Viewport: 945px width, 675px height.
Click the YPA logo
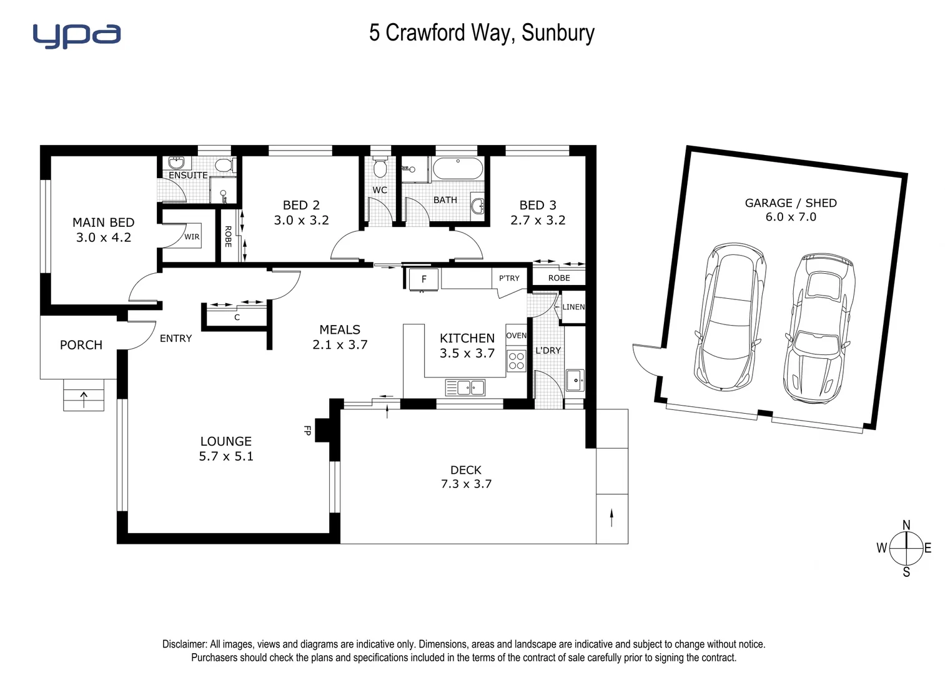tap(76, 36)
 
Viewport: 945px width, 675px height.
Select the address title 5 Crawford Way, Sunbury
tap(481, 32)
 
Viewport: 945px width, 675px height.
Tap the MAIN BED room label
tap(103, 222)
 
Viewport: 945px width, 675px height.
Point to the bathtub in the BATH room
tap(457, 169)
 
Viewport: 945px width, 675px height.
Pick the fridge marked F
tap(423, 279)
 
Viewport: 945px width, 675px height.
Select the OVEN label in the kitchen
tap(516, 336)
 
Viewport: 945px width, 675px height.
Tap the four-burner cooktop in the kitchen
tap(517, 361)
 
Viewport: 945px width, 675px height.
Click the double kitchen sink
tap(465, 387)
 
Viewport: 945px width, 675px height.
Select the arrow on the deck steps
tap(611, 517)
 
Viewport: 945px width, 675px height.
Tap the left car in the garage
tap(729, 317)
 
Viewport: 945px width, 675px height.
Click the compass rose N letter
tap(906, 525)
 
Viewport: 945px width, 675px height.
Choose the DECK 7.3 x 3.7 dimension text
tap(466, 484)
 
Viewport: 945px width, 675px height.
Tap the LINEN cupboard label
tap(573, 307)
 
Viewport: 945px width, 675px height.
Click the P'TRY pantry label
tap(509, 278)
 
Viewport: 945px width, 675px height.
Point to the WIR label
tap(192, 237)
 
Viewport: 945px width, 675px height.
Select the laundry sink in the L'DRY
tap(575, 380)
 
